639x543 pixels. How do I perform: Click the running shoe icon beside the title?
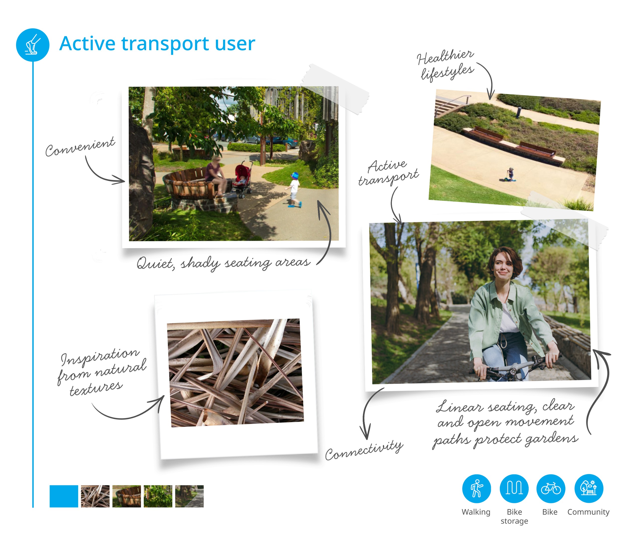(x=33, y=45)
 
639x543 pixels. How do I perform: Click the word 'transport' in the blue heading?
(x=165, y=43)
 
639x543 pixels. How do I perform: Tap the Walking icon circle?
(x=476, y=489)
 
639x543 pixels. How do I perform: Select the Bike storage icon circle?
(x=514, y=489)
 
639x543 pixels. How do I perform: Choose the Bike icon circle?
(x=551, y=489)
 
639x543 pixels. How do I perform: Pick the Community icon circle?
(x=589, y=489)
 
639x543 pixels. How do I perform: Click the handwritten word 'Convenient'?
(x=80, y=147)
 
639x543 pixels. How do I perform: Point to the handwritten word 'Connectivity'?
(x=364, y=450)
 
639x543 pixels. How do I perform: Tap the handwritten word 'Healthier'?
(x=445, y=57)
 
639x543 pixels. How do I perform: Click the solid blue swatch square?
(x=64, y=496)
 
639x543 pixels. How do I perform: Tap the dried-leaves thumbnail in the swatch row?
(x=95, y=496)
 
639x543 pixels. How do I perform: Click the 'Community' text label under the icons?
(x=588, y=512)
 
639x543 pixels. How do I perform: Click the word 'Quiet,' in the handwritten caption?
(x=156, y=264)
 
